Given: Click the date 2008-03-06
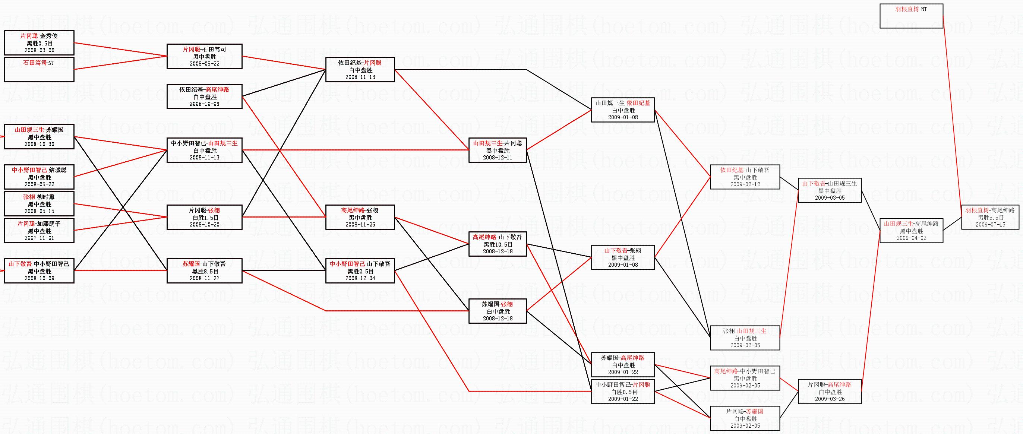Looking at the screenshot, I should point(39,50).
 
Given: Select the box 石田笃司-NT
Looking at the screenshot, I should point(39,70).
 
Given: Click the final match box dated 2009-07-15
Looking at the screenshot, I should point(990,217).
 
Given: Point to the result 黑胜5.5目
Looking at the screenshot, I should point(991,218).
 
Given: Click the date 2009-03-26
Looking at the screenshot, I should point(830,399).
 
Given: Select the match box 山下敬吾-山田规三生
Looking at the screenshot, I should point(830,190).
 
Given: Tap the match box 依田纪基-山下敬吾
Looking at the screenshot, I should point(745,177).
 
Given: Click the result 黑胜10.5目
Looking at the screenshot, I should point(498,244).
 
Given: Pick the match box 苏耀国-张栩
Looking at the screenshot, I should point(498,311).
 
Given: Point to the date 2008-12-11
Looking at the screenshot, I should point(498,158).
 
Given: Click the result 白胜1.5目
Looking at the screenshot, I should point(205,218).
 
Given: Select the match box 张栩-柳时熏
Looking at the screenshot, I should point(39,204).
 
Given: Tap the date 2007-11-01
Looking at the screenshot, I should point(39,238).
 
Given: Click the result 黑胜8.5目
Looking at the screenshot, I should point(205,271).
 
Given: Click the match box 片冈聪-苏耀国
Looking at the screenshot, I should point(745,418).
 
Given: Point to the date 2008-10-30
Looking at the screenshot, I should point(39,144).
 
